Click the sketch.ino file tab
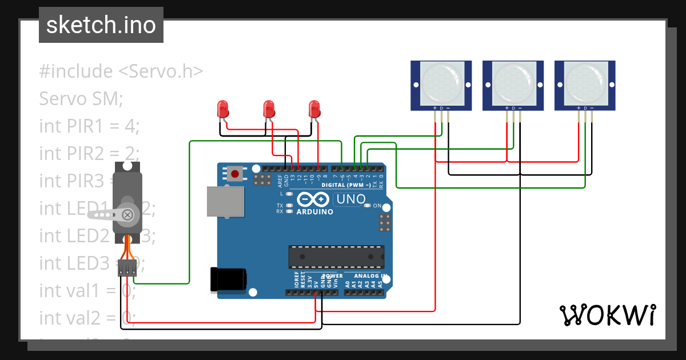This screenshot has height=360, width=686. coord(101,25)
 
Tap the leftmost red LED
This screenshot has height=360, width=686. coord(222,108)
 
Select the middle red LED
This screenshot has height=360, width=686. coord(268,108)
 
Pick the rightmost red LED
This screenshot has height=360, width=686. coord(314,108)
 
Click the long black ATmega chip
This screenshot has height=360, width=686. coord(336,257)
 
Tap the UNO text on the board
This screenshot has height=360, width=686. coord(350,199)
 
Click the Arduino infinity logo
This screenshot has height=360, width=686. coord(313,199)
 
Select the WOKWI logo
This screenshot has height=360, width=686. coord(607,315)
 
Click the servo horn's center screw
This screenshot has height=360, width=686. coord(128,215)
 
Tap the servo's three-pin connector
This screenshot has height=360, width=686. coord(127,268)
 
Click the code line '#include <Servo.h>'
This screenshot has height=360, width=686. coord(121,71)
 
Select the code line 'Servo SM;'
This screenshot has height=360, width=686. coord(81,99)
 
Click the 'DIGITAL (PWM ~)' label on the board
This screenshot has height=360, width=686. coord(346,185)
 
